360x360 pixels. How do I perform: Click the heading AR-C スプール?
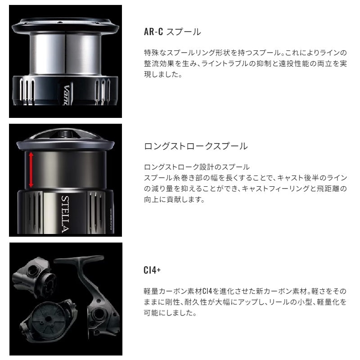pos(171,32)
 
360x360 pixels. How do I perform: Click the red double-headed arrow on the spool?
pos(31,170)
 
